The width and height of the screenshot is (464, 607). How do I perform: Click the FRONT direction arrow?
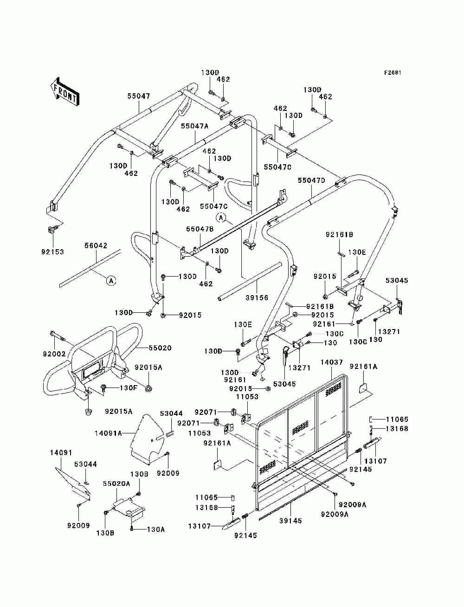pyautogui.click(x=64, y=91)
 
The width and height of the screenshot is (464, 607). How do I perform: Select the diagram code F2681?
pyautogui.click(x=393, y=73)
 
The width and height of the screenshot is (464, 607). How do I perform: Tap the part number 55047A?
pyautogui.click(x=195, y=126)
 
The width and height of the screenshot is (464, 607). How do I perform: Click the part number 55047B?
pyautogui.click(x=200, y=229)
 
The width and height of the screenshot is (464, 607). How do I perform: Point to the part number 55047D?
pyautogui.click(x=311, y=181)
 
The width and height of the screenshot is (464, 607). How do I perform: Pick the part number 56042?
pyautogui.click(x=96, y=245)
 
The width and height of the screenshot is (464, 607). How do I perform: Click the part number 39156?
pyautogui.click(x=257, y=297)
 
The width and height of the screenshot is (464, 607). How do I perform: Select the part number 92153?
pyautogui.click(x=52, y=252)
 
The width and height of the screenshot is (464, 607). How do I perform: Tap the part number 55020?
pyautogui.click(x=160, y=348)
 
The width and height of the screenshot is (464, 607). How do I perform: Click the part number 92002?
pyautogui.click(x=54, y=354)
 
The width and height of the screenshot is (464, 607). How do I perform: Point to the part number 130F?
pyautogui.click(x=129, y=387)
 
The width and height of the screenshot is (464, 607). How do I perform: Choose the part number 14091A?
pyautogui.click(x=108, y=433)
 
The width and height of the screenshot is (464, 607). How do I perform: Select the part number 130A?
pyautogui.click(x=156, y=530)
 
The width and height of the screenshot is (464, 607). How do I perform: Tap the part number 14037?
pyautogui.click(x=332, y=362)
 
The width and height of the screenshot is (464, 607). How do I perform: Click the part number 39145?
pyautogui.click(x=290, y=521)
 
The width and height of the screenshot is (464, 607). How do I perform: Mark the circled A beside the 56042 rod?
pyautogui.click(x=111, y=280)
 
